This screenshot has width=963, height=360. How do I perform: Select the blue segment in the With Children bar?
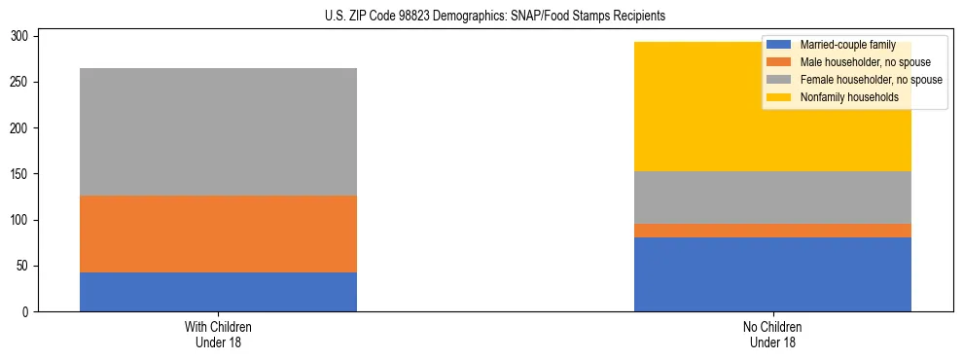[218, 292]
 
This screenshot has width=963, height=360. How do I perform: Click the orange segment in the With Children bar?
[218, 234]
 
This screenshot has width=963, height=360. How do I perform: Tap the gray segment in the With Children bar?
[218, 131]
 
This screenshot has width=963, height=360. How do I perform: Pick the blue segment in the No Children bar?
[772, 274]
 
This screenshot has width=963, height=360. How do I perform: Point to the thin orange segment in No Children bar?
[772, 231]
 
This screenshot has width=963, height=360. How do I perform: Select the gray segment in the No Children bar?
[772, 198]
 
